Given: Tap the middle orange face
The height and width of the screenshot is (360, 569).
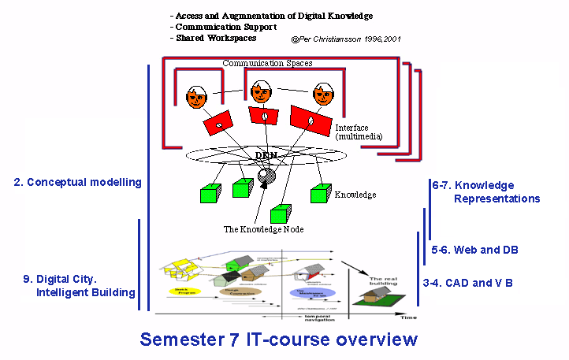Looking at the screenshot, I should pyautogui.click(x=261, y=92).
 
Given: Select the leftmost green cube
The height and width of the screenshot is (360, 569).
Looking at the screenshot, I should pyautogui.click(x=209, y=195).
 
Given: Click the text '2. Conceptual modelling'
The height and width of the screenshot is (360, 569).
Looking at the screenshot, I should pyautogui.click(x=77, y=182).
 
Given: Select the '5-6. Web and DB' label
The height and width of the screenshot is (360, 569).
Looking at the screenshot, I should pyautogui.click(x=475, y=250).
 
